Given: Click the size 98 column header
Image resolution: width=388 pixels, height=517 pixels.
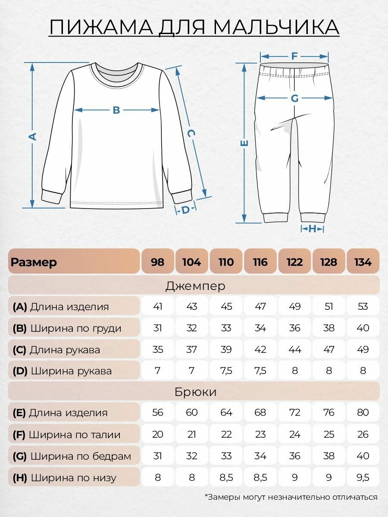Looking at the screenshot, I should [x=158, y=262].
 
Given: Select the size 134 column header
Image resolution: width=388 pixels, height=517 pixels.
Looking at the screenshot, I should [x=363, y=262].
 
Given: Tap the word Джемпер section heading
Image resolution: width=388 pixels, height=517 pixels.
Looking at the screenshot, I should [x=195, y=285].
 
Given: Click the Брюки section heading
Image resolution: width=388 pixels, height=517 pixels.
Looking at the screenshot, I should [x=195, y=392].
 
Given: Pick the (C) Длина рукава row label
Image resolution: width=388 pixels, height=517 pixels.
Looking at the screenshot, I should [x=56, y=349].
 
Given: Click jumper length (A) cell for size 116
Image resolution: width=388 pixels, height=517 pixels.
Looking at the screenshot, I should [x=260, y=307].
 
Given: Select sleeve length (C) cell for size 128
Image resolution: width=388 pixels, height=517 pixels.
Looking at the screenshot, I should [x=329, y=349].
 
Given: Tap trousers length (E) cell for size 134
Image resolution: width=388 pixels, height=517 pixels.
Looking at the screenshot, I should [x=363, y=413].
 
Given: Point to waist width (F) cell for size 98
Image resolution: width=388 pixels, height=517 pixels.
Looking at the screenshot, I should [x=158, y=434].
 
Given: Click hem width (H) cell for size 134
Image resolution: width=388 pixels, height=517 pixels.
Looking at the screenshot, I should [x=363, y=477].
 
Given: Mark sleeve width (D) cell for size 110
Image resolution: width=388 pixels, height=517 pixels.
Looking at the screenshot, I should [x=226, y=371].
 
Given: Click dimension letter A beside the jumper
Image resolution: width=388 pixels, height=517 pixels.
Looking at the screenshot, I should [x=32, y=137].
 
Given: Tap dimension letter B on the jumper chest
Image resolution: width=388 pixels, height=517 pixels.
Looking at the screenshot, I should [x=116, y=110].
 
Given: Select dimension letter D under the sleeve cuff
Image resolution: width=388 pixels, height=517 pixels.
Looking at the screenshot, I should [x=185, y=210].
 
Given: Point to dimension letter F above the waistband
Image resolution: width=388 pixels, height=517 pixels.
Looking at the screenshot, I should [x=295, y=56].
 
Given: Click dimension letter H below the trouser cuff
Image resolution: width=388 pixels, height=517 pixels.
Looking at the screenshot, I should [x=313, y=229].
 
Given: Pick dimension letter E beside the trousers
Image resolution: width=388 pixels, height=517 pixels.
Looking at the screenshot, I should [x=244, y=143].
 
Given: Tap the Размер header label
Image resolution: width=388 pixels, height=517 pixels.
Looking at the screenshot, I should [x=34, y=262].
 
